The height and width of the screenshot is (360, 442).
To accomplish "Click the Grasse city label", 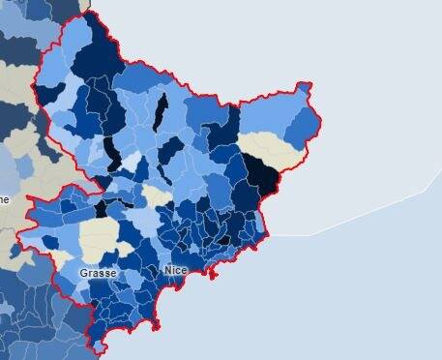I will tap(98, 273).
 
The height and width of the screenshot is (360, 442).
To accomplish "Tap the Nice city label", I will tap(175, 270).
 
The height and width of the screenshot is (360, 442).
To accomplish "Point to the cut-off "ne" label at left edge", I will tap(4, 199).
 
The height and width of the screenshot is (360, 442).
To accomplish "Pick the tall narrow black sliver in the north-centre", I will tap(162, 110).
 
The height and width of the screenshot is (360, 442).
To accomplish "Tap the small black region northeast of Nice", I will tap(223, 238).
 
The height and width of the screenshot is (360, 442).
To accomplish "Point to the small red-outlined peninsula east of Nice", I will tap(214, 278).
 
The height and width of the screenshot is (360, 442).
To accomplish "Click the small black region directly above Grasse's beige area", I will tap(101, 208).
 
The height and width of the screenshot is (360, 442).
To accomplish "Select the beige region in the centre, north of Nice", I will tap(156, 196).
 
